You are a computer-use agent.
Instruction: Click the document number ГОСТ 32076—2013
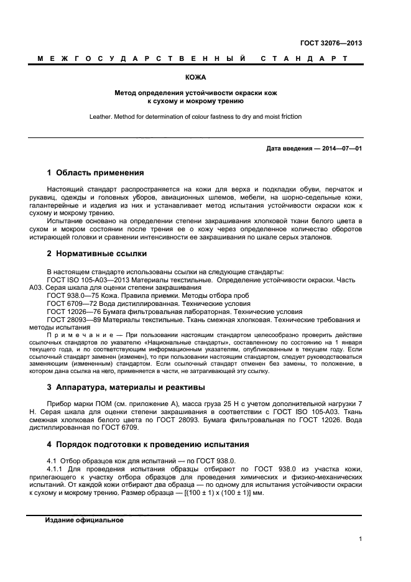click(331, 44)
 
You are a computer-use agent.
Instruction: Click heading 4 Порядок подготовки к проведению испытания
click(148, 445)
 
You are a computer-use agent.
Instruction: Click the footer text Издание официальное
click(83, 520)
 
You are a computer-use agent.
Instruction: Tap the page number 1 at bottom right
click(361, 539)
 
